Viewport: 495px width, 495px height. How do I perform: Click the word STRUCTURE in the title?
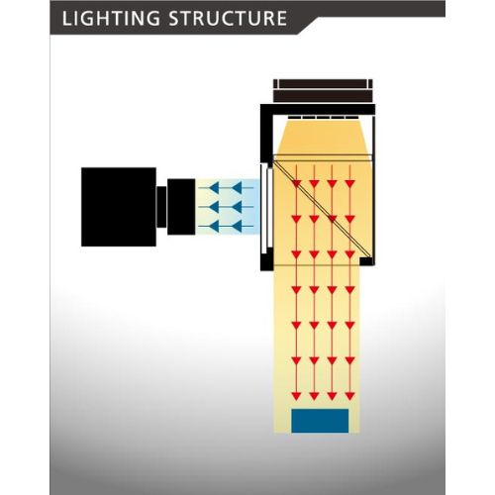point(228,18)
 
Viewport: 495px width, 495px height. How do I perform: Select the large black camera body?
point(119,207)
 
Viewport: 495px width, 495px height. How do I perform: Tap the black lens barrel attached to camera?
point(181,207)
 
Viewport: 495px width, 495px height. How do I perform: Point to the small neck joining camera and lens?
point(161,207)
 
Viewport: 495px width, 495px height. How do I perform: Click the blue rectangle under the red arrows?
point(320,421)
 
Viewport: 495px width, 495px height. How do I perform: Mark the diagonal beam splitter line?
point(323,210)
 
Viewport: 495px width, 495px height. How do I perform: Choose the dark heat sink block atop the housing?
point(323,91)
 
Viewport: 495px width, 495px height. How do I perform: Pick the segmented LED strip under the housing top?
point(323,118)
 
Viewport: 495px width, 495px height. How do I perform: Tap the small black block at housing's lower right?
point(366,261)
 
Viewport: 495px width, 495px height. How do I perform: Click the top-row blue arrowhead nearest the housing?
point(238,188)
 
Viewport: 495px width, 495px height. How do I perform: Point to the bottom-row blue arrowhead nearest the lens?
point(214,227)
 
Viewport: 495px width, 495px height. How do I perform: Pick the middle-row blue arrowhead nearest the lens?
point(214,207)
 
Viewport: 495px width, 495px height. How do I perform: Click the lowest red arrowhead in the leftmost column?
point(296,396)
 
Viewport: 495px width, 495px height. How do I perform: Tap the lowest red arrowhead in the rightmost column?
point(349,396)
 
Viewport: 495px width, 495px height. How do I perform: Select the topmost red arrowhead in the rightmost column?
point(349,183)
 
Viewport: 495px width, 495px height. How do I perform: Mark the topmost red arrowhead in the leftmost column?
point(296,183)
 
